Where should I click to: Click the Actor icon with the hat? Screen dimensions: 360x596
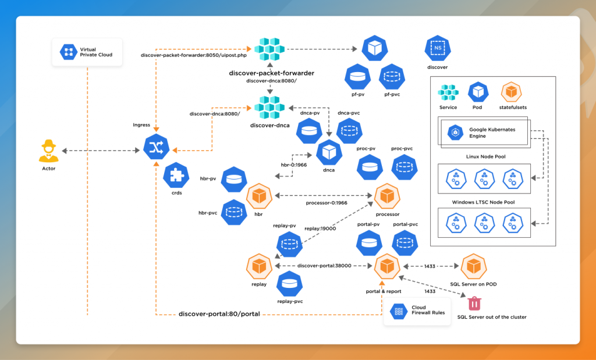(x=49, y=150)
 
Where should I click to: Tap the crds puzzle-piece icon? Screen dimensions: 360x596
(x=175, y=175)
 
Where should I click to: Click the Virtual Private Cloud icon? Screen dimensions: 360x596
(x=69, y=52)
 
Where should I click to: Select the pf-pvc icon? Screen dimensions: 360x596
(x=391, y=76)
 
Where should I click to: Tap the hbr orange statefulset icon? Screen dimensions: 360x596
(x=260, y=197)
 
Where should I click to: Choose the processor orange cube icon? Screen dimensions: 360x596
(x=387, y=197)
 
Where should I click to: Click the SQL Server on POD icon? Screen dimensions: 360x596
(x=474, y=266)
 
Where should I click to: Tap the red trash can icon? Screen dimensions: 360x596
(x=475, y=303)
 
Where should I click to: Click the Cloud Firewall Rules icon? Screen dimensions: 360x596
(x=400, y=312)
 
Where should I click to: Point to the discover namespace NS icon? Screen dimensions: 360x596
(x=437, y=49)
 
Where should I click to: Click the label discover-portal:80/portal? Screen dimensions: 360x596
(x=219, y=314)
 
